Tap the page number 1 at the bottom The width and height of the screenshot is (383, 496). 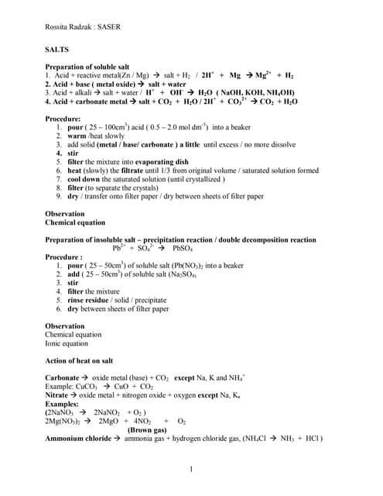[x=191, y=469]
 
